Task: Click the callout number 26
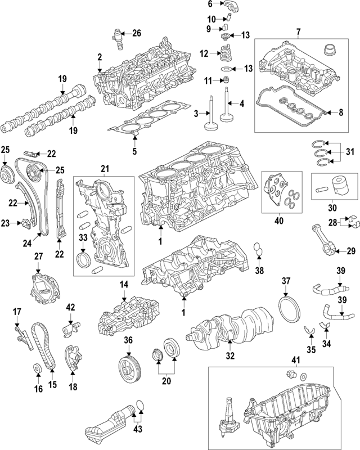pos(137,33)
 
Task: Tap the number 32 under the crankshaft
pos(229,356)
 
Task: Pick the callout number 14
pos(123,285)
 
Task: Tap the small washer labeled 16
pos(37,369)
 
